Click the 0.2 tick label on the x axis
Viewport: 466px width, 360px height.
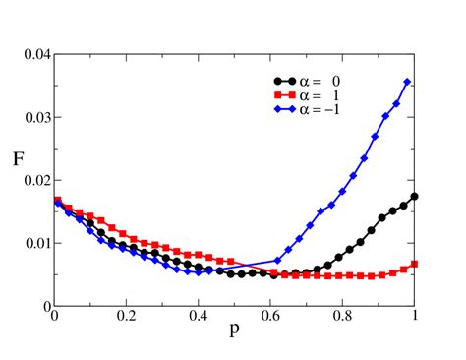pyautogui.click(x=126, y=318)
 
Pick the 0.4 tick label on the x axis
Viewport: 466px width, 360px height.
pyautogui.click(x=199, y=318)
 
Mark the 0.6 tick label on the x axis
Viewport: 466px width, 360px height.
pyautogui.click(x=270, y=318)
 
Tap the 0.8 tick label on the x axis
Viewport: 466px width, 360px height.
pyautogui.click(x=343, y=318)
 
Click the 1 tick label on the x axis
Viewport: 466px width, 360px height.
pyautogui.click(x=415, y=318)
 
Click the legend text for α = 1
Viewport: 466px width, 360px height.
pyautogui.click(x=324, y=94)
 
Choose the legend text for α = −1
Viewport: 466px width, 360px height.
pyautogui.click(x=324, y=108)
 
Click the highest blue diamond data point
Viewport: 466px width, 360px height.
pyautogui.click(x=408, y=82)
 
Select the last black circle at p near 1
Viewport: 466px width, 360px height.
pyautogui.click(x=415, y=196)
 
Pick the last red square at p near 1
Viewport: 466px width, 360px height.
pyautogui.click(x=415, y=264)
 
